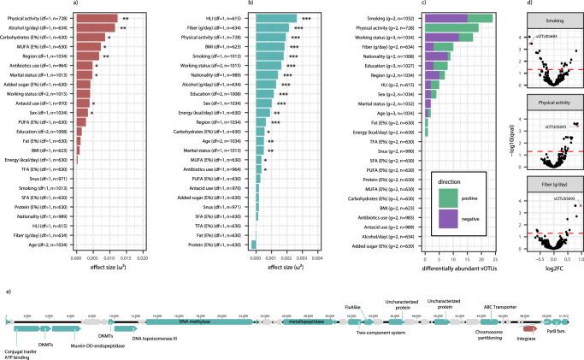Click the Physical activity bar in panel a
pyautogui.click(x=97, y=17)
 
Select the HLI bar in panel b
pyautogui.click(x=274, y=17)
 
